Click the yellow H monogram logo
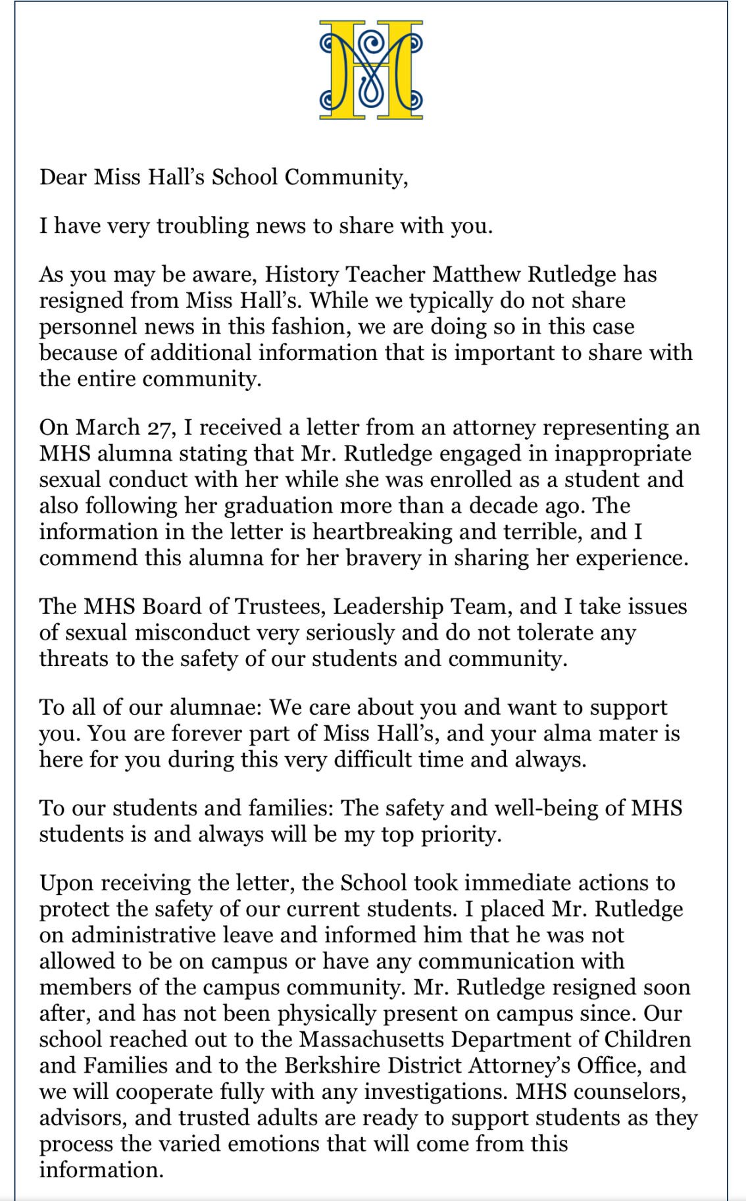point(371,70)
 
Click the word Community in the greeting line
point(346,178)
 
